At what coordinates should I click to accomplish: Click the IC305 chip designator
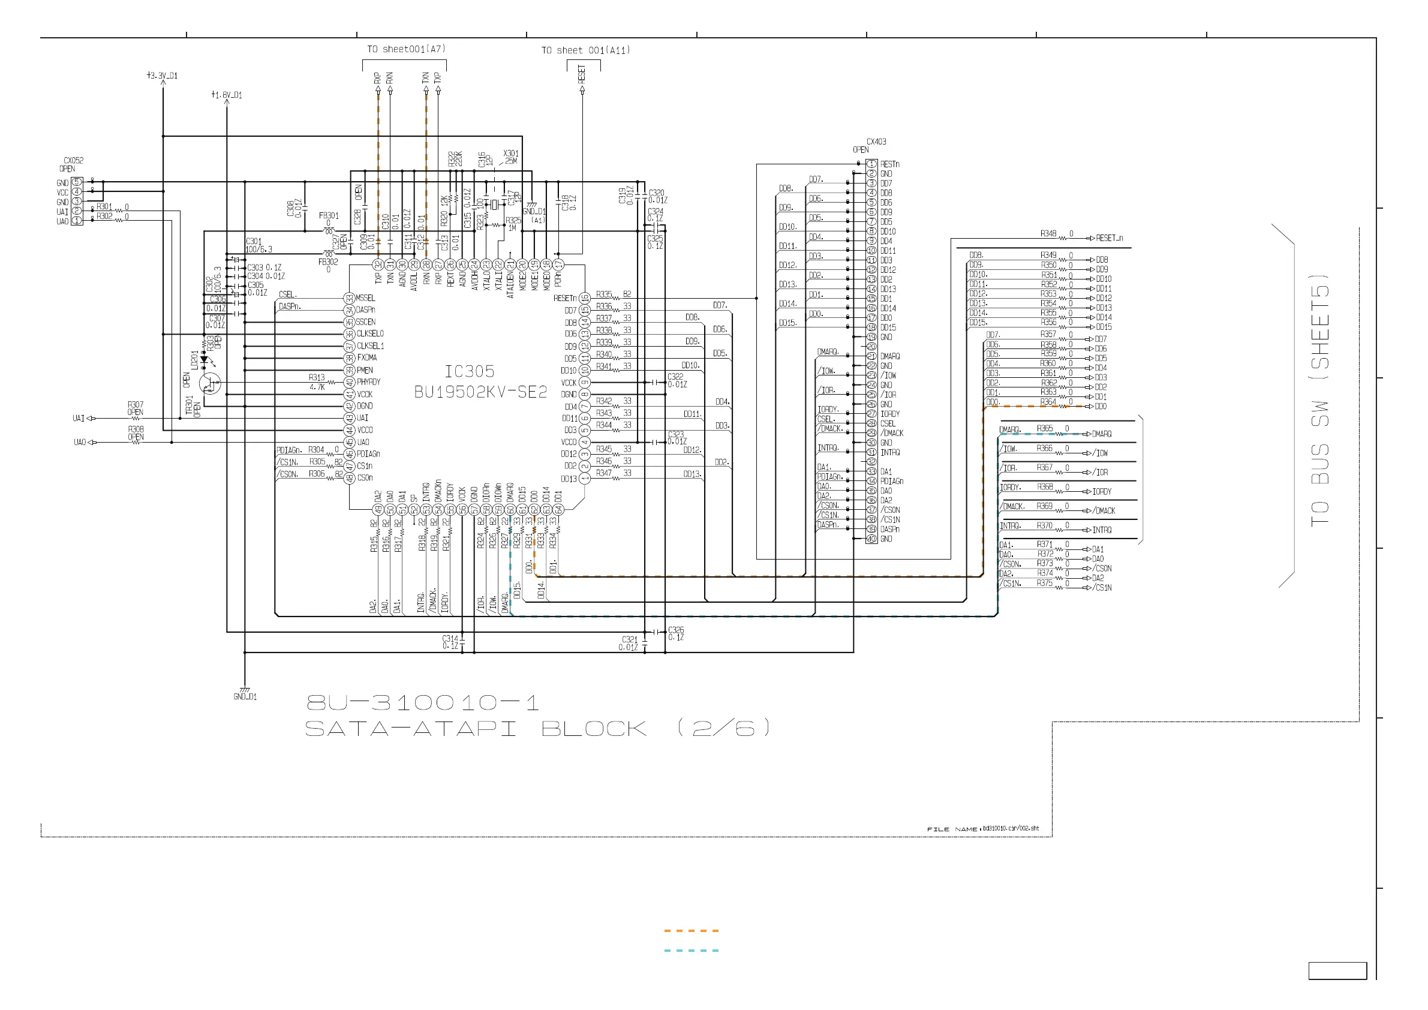(470, 371)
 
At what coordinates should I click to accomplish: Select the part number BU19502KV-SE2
(481, 392)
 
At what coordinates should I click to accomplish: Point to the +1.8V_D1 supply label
(227, 95)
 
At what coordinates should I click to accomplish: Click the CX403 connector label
(876, 142)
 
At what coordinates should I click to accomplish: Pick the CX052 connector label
(73, 161)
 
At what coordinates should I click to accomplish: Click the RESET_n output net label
(1110, 238)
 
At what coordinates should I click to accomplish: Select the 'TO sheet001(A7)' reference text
(406, 49)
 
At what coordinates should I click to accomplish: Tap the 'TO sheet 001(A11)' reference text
(585, 50)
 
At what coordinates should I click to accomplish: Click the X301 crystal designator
(510, 154)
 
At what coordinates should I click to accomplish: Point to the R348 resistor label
(1048, 234)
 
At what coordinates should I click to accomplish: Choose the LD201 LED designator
(195, 360)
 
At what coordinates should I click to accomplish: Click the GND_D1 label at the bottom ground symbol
(245, 696)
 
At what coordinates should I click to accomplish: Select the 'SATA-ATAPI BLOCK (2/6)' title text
(537, 728)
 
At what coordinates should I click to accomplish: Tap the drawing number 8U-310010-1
(423, 703)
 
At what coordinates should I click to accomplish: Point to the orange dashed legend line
(691, 931)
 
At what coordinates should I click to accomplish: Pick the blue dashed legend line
(691, 951)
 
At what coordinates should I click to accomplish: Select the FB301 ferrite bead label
(329, 216)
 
